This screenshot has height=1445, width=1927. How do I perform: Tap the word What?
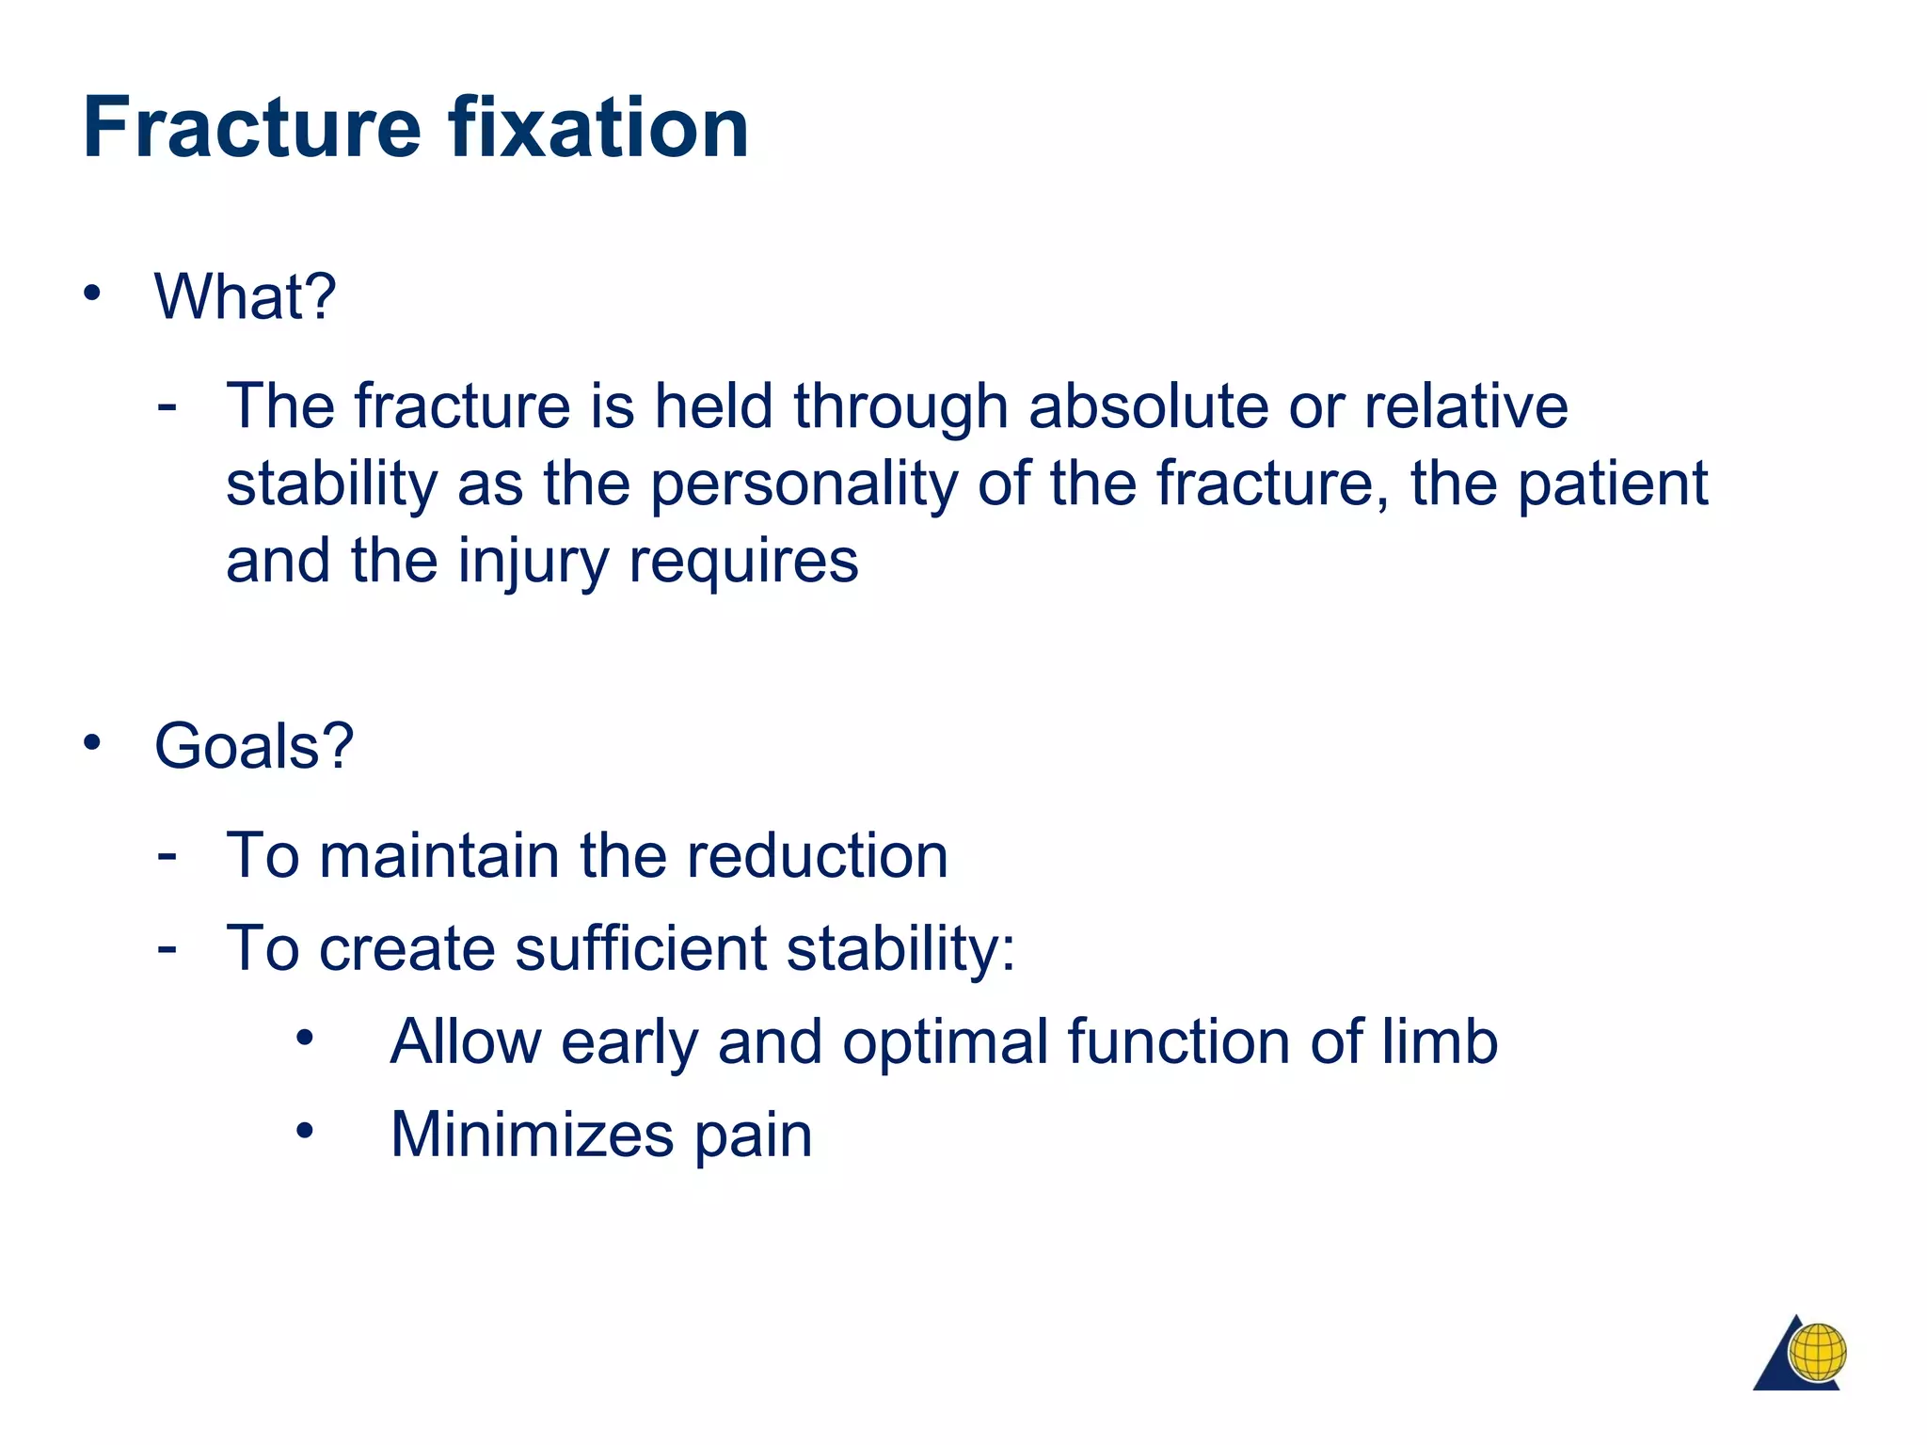[245, 296]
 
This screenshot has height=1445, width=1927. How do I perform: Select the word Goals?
[254, 746]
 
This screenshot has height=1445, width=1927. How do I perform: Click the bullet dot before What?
[91, 294]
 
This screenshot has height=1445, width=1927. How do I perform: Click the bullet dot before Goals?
[91, 743]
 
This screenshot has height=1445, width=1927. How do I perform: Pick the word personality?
[804, 485]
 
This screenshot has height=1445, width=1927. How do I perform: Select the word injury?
[534, 563]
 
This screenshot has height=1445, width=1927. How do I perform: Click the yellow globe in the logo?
[1818, 1352]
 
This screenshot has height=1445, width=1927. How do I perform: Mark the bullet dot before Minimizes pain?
[304, 1132]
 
